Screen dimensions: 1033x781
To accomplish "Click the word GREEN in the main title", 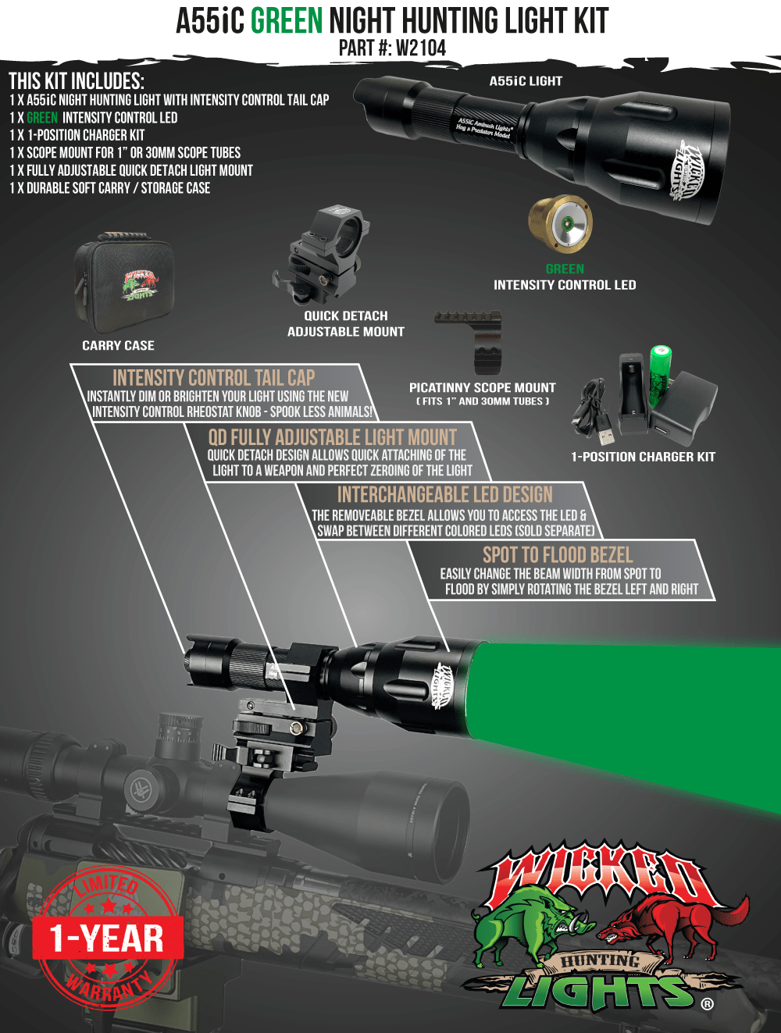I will click(x=287, y=21).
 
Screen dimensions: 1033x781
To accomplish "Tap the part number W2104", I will click(x=420, y=48).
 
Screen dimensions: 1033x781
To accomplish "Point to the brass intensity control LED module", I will click(x=560, y=224).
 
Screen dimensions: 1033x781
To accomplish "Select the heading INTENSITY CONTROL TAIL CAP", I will click(x=213, y=378).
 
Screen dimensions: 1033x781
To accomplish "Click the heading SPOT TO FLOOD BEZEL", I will click(x=557, y=555).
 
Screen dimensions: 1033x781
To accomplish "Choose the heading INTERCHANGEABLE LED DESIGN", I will click(x=444, y=495).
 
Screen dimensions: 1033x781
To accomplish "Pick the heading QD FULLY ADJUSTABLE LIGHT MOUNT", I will click(x=332, y=437).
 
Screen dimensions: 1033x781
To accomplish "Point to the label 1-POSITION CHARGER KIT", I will click(x=643, y=457).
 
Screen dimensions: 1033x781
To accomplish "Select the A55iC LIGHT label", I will click(x=526, y=81).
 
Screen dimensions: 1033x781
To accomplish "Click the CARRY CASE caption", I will click(x=118, y=346).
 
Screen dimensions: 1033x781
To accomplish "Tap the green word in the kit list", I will click(x=42, y=118).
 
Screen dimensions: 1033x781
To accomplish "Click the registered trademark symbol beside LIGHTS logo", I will click(x=707, y=1004).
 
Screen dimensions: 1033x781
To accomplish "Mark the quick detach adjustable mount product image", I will click(x=320, y=254).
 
